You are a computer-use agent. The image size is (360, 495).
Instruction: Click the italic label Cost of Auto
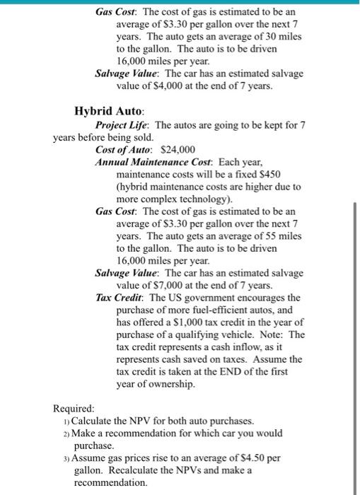tap(125, 149)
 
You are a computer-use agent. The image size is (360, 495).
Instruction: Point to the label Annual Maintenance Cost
tap(152, 161)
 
